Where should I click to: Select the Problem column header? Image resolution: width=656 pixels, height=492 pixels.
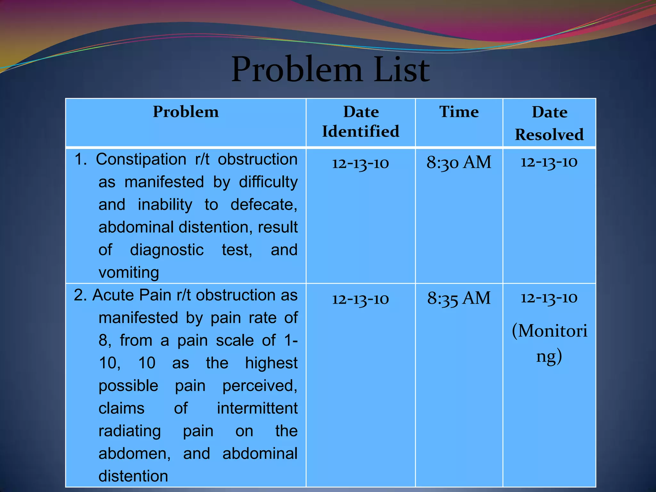[x=186, y=112]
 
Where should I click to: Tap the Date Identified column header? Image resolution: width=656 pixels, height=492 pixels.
[x=361, y=122]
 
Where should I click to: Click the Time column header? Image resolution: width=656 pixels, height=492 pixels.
[x=459, y=112]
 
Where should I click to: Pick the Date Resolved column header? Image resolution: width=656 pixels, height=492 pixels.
[x=549, y=123]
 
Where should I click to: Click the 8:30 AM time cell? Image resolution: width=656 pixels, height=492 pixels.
[x=459, y=162]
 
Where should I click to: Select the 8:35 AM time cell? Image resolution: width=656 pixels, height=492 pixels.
[x=459, y=298]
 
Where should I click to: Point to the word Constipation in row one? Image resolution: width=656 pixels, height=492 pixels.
[x=141, y=159]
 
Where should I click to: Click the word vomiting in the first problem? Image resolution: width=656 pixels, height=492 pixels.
[x=129, y=273]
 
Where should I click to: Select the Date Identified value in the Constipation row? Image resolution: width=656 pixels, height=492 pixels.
[x=360, y=163]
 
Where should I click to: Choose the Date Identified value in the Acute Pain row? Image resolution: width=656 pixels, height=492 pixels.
[x=360, y=299]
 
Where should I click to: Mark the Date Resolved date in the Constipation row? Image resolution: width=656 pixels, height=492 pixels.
[x=549, y=162]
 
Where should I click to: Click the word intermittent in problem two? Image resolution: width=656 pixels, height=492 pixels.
[x=257, y=408]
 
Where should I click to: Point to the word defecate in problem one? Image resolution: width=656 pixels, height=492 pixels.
[x=263, y=205]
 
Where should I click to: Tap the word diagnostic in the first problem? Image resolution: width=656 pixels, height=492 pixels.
[x=167, y=250]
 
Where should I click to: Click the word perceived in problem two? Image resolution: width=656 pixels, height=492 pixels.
[x=259, y=386]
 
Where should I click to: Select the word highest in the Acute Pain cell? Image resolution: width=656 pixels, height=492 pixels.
[x=271, y=363]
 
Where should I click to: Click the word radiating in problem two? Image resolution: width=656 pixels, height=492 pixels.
[x=129, y=431]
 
